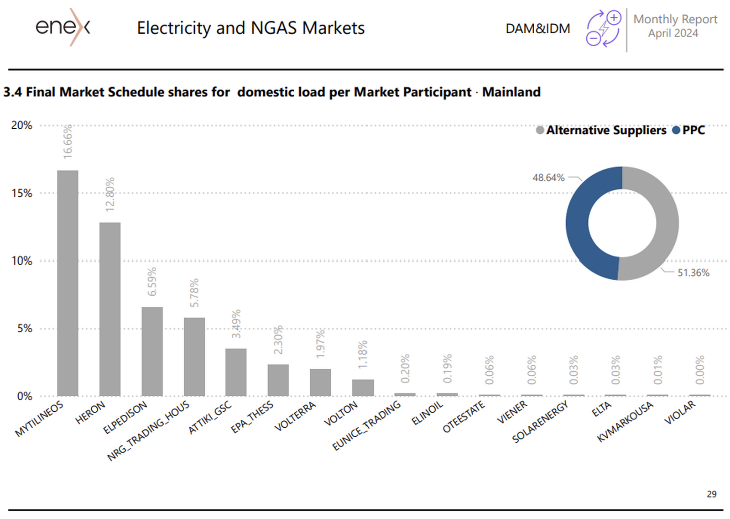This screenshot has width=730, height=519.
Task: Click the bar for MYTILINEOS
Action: point(68,283)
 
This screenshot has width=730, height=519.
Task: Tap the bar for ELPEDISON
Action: point(152,351)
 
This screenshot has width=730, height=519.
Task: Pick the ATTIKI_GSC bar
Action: point(236,372)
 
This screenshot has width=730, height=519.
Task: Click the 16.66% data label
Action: point(68,142)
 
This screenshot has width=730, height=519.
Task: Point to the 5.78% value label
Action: point(194,293)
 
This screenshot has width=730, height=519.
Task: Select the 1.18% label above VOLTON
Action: point(363,355)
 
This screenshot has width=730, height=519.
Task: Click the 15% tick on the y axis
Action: point(22,193)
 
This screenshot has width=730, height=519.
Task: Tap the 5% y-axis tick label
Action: point(25,329)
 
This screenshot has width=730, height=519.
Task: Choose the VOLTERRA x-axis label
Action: point(295,416)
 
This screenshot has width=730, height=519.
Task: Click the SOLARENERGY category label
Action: point(540,422)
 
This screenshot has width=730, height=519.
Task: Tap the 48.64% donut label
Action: point(548,178)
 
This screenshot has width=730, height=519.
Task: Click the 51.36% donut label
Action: point(693,273)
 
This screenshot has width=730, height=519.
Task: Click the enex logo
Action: point(63,27)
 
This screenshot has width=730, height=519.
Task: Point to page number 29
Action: point(711,494)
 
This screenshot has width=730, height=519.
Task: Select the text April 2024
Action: point(673,33)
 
